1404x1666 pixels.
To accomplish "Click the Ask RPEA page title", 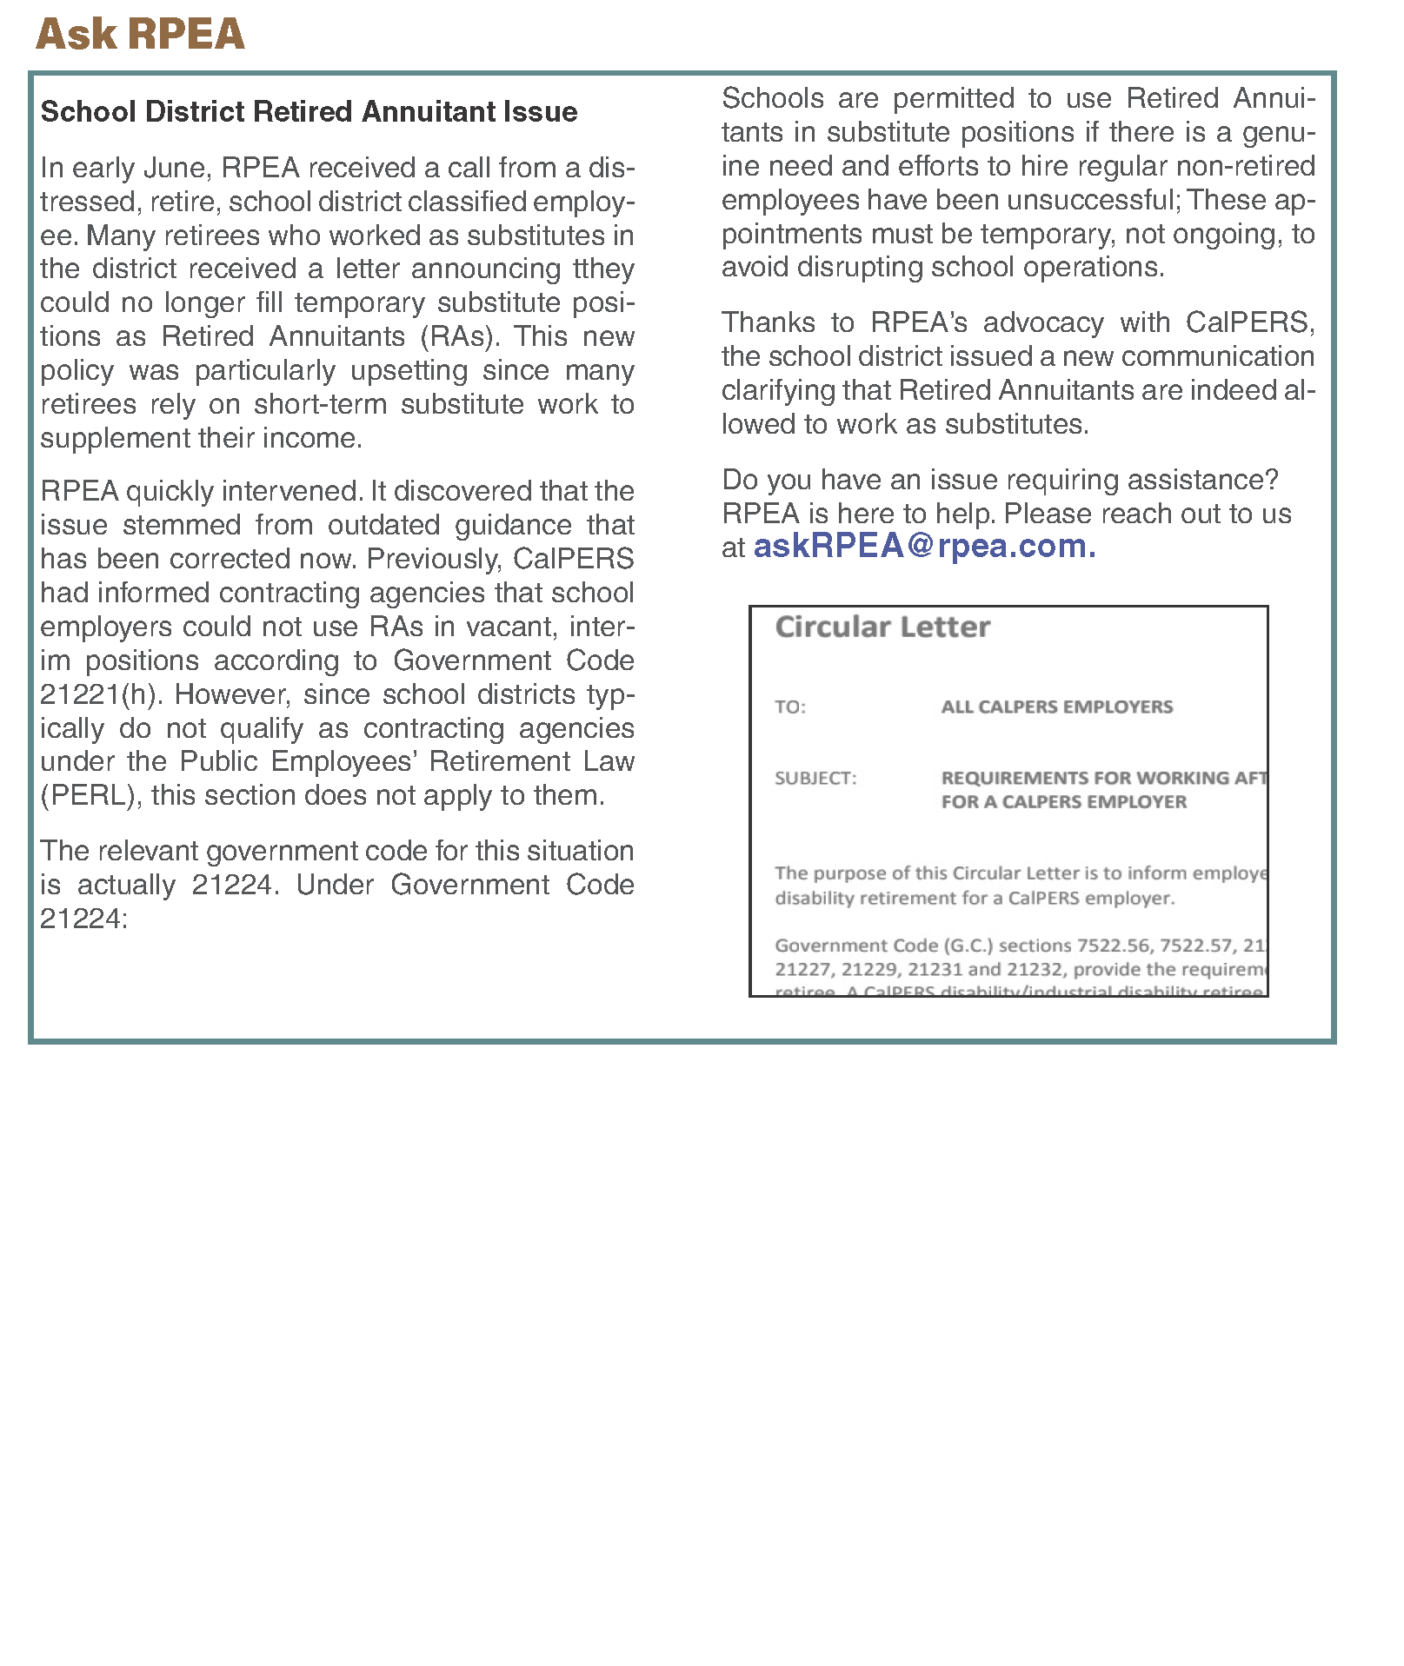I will [140, 35].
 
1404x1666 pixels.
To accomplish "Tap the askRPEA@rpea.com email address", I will [924, 547].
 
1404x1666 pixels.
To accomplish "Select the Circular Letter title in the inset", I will [882, 627].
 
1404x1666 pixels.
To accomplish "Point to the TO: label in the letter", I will [790, 707].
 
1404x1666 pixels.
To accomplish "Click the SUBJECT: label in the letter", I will [815, 779].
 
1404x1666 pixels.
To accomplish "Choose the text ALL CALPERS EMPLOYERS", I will [1056, 707].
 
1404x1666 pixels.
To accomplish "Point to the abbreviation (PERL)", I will [91, 796].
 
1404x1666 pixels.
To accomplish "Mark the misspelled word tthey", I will [603, 269].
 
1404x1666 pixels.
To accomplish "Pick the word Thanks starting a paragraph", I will [769, 323].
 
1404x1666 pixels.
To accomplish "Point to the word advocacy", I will [1043, 323].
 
